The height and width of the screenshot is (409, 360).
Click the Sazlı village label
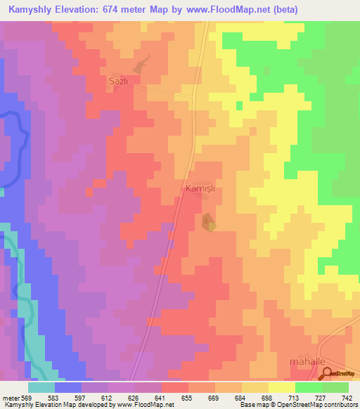click(118, 81)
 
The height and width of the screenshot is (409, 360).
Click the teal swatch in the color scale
click(41, 387)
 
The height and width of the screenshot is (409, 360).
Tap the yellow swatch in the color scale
click(281, 387)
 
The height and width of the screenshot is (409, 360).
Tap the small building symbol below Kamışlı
click(208, 223)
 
